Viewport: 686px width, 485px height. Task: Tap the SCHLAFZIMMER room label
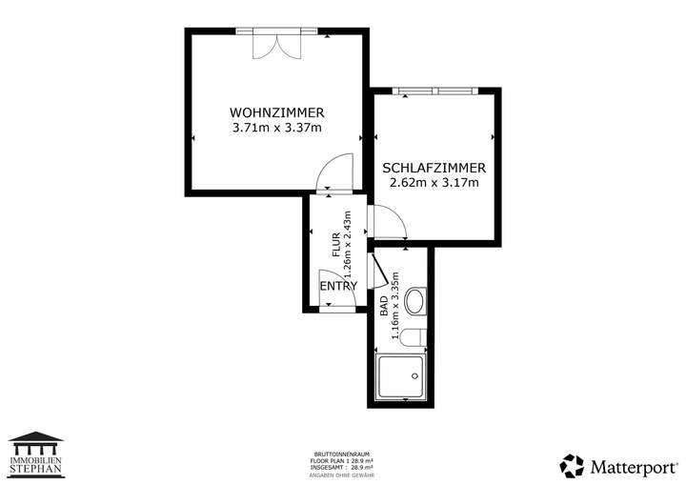tap(434, 167)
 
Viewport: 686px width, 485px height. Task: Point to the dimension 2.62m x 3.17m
tap(434, 183)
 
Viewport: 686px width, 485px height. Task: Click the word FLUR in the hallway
tap(336, 246)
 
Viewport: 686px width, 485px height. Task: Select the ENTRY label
tap(338, 286)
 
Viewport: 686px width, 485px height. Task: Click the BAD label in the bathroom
tap(384, 306)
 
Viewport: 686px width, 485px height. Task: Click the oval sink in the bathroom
tap(415, 303)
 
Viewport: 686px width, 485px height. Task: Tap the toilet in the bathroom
tap(413, 338)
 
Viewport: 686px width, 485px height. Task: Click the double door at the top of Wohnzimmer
tap(273, 44)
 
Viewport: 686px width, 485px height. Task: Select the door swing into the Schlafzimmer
tap(390, 222)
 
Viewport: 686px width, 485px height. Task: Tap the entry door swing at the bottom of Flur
tap(333, 292)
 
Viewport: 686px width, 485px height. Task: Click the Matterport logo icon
tap(572, 466)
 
